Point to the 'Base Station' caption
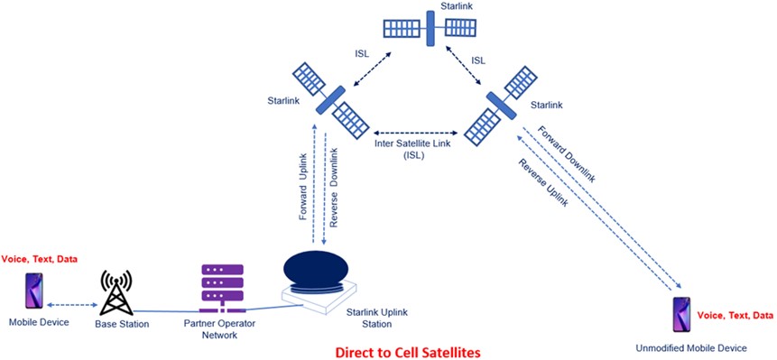121,323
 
